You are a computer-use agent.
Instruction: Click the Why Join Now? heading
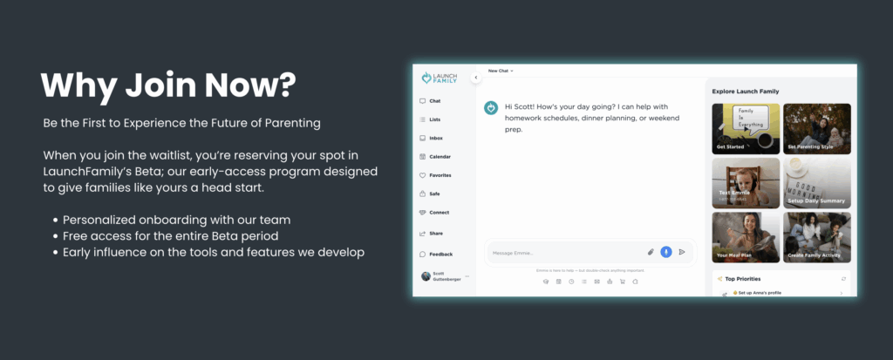click(x=168, y=85)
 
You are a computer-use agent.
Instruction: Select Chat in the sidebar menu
click(x=434, y=101)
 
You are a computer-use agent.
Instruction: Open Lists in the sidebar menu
click(x=434, y=119)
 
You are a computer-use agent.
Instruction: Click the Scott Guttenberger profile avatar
click(x=425, y=276)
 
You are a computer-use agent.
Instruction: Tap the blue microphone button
click(x=666, y=252)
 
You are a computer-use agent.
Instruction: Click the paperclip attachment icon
click(x=651, y=252)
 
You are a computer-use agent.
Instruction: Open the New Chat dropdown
click(x=501, y=71)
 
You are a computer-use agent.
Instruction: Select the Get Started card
click(x=746, y=128)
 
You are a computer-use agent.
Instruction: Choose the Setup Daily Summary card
click(x=817, y=182)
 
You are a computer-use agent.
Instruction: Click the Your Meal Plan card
click(x=746, y=236)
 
